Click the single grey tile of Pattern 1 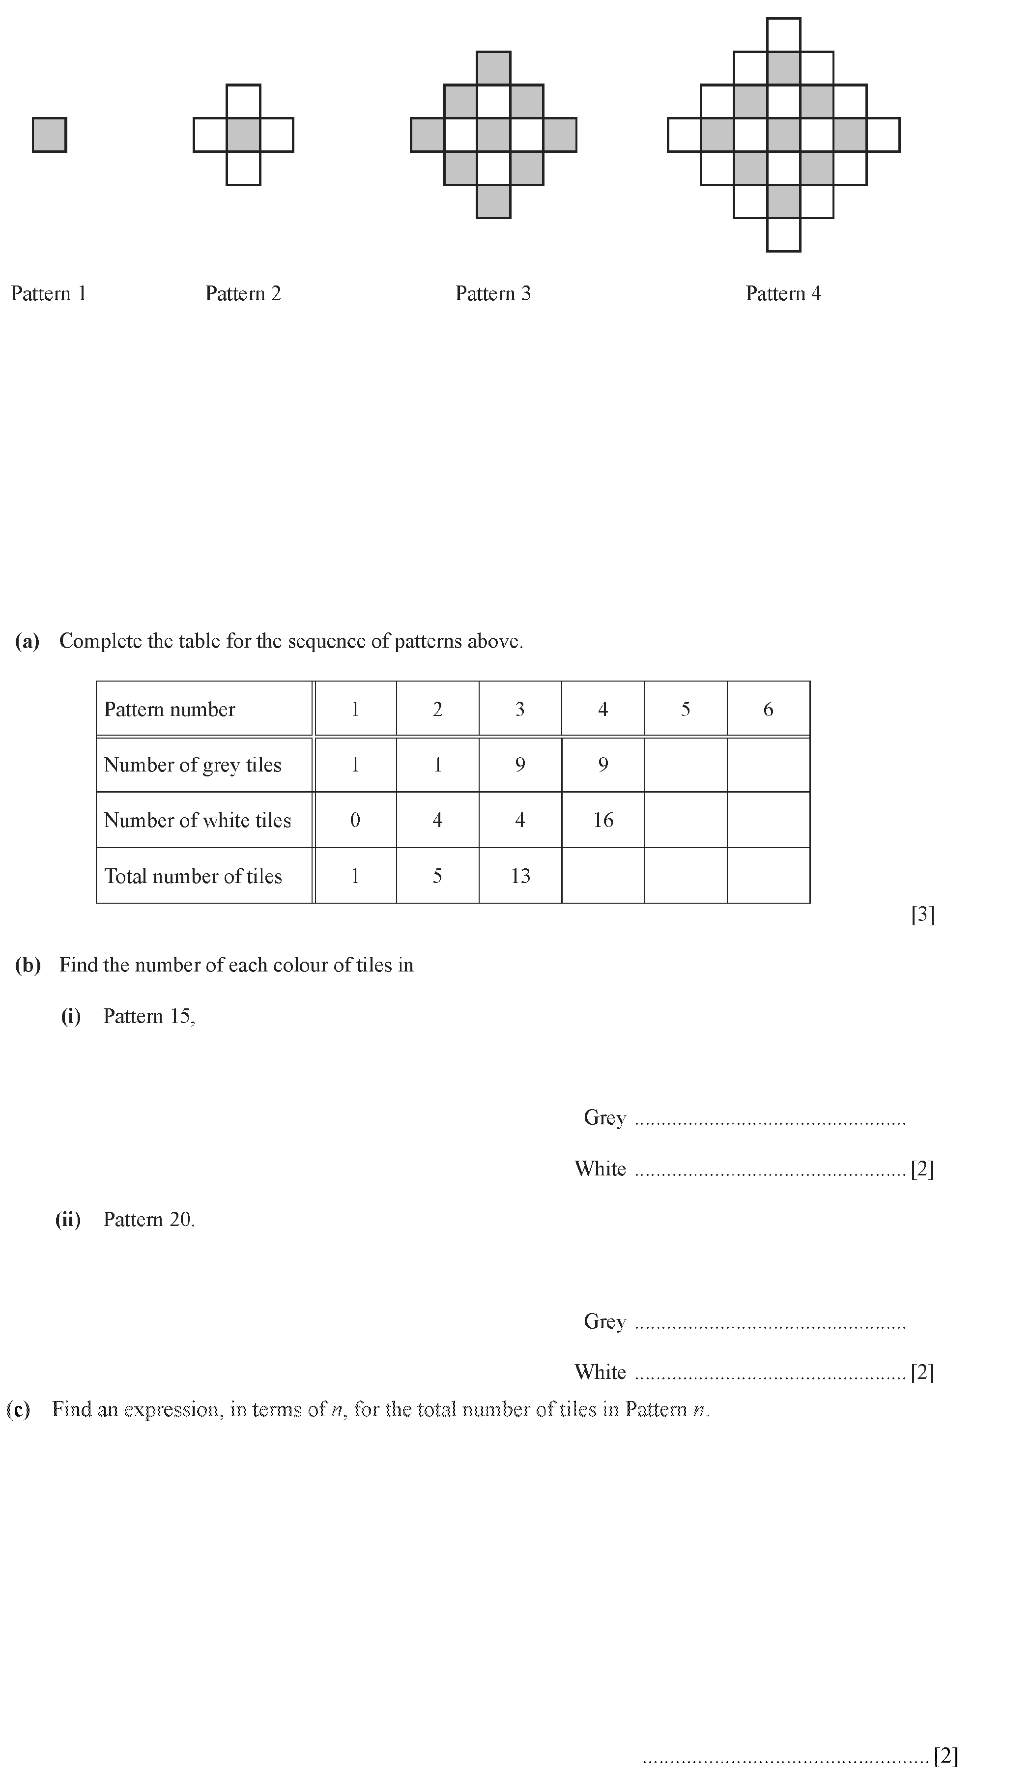point(49,135)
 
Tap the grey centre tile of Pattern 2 point(243,135)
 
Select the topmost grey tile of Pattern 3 point(493,69)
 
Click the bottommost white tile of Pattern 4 point(783,234)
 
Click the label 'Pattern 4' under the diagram point(783,293)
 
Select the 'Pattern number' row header point(170,710)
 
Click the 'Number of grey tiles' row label point(193,765)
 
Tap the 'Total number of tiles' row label point(193,876)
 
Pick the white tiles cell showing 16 point(603,820)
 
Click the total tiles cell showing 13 point(520,876)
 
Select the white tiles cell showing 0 point(355,820)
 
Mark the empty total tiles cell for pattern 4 point(603,876)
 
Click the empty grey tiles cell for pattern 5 point(685,765)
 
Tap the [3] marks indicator point(922,914)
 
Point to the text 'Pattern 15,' point(149,1016)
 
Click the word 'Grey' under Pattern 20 point(604,1321)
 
